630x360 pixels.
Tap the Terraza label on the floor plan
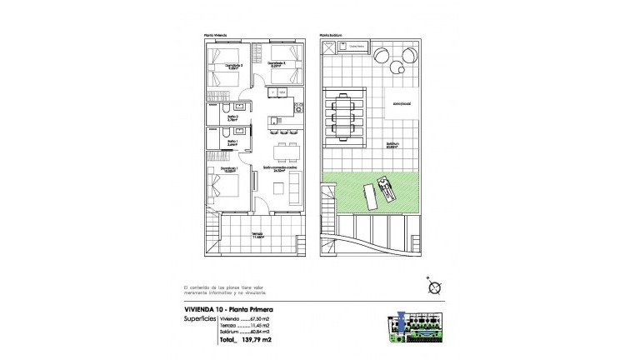click(258, 236)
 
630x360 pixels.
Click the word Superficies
click(200, 318)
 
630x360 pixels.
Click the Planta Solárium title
click(332, 36)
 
